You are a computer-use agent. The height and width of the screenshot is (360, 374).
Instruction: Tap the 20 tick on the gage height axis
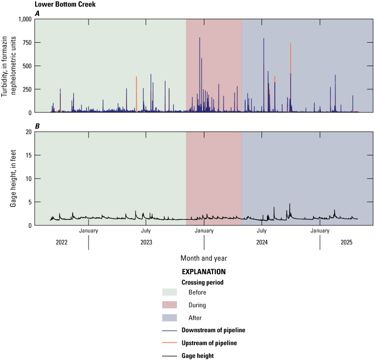[28, 132]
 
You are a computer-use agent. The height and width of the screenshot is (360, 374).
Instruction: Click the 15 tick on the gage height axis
[28, 155]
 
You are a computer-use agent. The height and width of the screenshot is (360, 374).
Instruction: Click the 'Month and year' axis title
[204, 258]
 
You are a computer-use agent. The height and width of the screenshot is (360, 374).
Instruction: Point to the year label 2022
[61, 242]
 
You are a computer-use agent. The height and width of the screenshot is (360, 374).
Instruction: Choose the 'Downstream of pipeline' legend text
[213, 330]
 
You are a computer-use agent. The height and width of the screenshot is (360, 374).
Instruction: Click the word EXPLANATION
[203, 271]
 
